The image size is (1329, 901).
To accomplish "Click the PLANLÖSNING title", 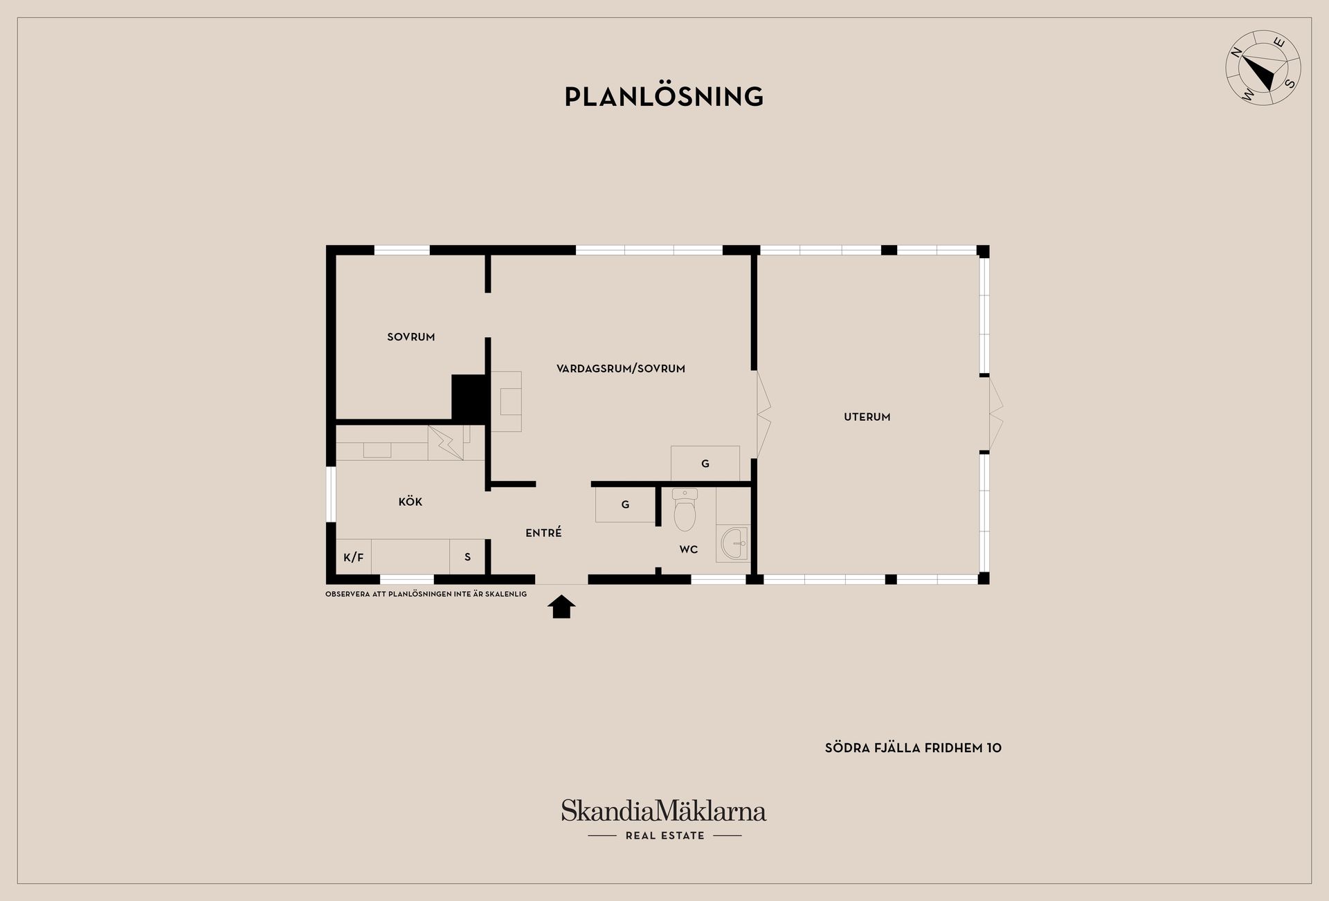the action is (664, 97).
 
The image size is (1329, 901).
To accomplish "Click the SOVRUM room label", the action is (411, 337).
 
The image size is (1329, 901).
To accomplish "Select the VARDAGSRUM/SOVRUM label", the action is (621, 369).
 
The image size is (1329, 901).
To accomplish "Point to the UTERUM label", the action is (867, 417).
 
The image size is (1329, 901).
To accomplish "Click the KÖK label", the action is (410, 502).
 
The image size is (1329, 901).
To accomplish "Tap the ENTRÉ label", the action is (543, 532).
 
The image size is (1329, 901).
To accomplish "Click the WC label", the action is (689, 549).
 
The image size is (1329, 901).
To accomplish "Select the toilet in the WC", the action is (685, 509).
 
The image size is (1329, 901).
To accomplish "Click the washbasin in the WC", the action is (734, 543).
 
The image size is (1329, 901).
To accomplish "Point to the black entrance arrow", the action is (561, 607).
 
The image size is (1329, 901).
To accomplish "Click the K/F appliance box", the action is (354, 557).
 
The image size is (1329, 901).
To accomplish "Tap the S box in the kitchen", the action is (467, 557).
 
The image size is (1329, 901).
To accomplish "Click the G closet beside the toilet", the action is (625, 505).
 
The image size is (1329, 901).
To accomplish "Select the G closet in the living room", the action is (705, 464).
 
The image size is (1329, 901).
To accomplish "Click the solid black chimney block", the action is (469, 397).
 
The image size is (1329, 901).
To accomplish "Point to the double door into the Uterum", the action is (763, 415).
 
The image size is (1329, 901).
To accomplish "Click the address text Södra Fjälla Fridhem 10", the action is (913, 748).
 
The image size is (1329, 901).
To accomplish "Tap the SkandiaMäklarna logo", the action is (664, 820).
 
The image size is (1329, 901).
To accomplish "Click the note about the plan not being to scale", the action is (426, 594).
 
